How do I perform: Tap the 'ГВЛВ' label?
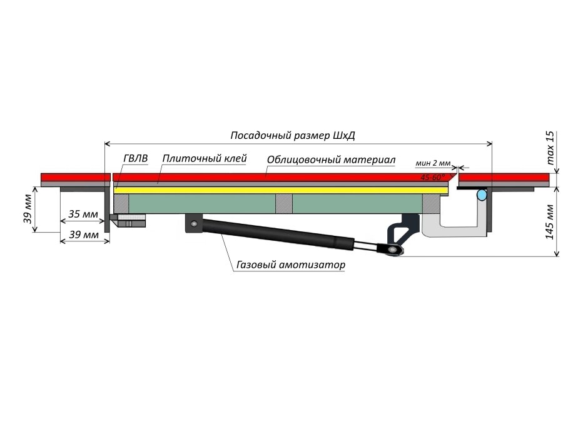click(x=135, y=159)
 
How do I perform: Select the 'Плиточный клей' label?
click(x=204, y=159)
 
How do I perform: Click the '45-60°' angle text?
click(x=433, y=178)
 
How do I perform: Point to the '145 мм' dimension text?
click(x=550, y=223)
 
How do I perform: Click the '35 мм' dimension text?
click(x=83, y=215)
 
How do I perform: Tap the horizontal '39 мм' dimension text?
click(x=83, y=235)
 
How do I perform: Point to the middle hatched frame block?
click(x=284, y=203)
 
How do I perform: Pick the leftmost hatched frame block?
click(x=121, y=203)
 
